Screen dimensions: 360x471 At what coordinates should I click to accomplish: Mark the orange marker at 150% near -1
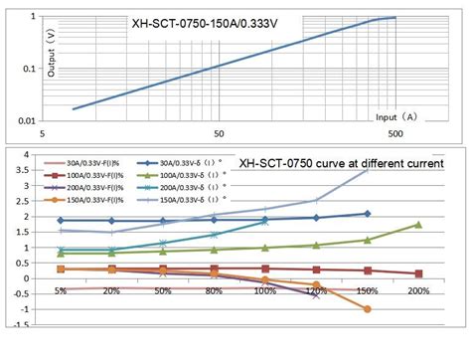coord(367,309)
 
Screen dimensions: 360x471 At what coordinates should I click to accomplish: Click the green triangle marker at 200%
coord(418,225)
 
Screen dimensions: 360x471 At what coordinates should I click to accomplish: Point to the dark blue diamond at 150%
coord(367,214)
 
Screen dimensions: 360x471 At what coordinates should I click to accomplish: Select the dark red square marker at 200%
coord(418,273)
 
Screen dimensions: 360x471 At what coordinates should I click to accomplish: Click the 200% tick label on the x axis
coord(418,291)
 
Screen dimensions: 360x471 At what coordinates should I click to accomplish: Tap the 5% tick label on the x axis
coord(61,291)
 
